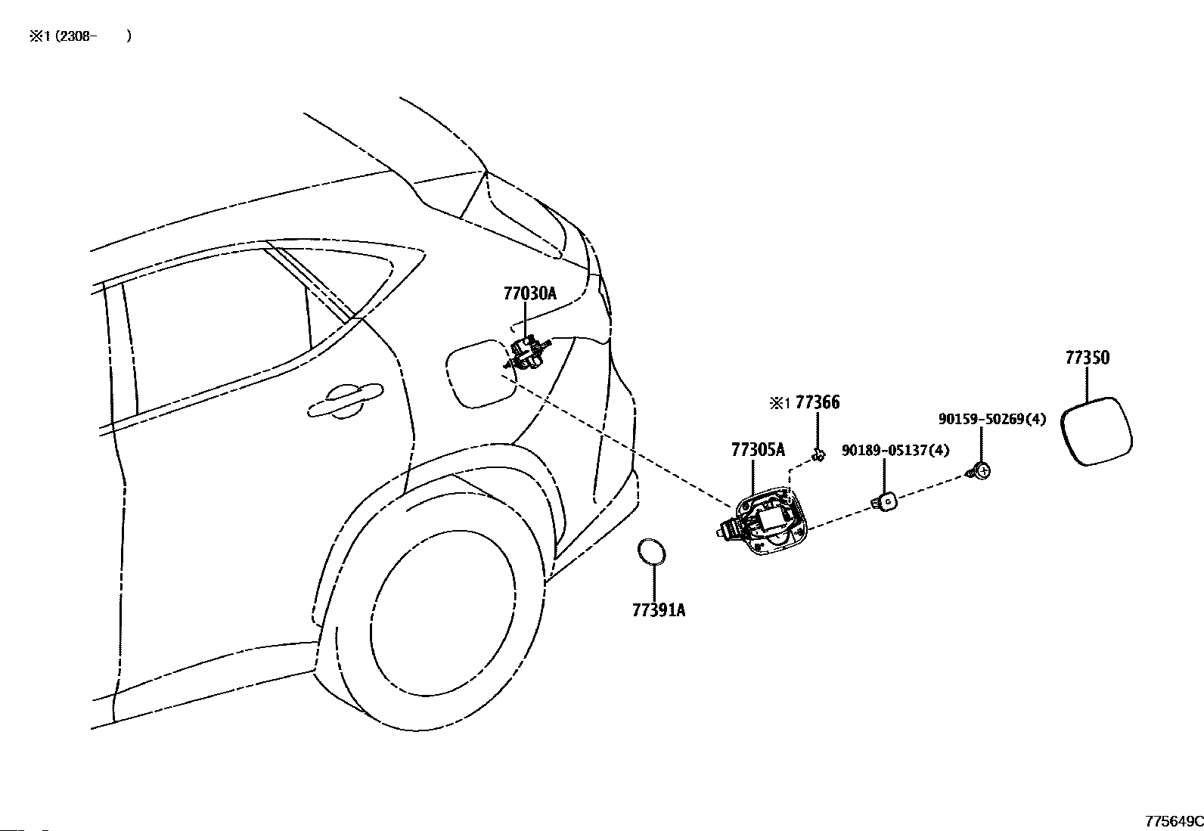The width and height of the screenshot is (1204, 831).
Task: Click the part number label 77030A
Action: (x=529, y=293)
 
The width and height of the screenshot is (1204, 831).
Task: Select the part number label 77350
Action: (x=1087, y=358)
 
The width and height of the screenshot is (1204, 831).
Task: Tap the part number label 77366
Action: (x=818, y=403)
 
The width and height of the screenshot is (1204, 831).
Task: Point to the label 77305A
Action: (x=758, y=451)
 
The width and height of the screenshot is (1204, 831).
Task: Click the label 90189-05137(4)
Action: (x=895, y=451)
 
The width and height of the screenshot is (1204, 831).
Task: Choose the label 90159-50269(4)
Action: (x=992, y=419)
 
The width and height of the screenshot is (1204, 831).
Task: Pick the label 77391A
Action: (x=659, y=610)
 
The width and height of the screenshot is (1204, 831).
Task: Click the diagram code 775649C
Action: (x=1173, y=821)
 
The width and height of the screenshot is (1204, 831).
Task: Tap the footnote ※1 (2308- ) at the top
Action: (x=80, y=36)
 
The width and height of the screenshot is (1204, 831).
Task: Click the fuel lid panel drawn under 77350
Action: (x=1096, y=431)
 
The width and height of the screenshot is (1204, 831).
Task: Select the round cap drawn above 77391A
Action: (x=651, y=552)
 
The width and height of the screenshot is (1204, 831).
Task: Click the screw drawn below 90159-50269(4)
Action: (x=981, y=471)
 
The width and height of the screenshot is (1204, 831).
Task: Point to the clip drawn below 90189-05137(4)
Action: (x=885, y=500)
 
